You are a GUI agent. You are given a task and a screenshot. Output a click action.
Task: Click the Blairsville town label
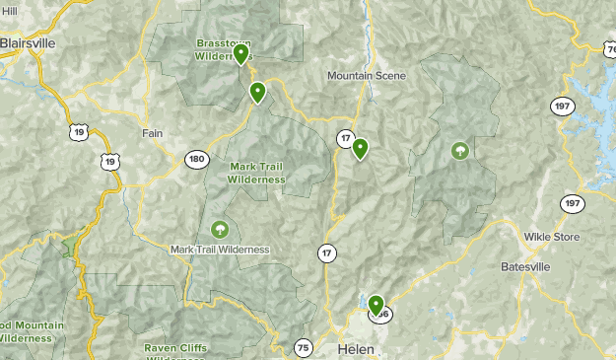[28, 43]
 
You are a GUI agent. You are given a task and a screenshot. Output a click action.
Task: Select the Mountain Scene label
[367, 76]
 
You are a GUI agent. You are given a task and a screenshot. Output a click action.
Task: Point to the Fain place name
[152, 133]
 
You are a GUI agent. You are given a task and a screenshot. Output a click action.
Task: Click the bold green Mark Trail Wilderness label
[255, 173]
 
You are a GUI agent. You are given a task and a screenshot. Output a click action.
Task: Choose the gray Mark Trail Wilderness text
[219, 250]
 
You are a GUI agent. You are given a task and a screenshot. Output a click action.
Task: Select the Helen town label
[356, 349]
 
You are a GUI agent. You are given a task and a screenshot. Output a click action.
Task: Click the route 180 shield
[196, 159]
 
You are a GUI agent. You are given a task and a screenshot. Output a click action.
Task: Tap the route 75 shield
[303, 347]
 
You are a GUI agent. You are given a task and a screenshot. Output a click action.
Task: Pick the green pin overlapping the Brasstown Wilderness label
[240, 53]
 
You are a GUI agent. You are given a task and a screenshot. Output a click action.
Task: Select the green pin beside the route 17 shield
[360, 148]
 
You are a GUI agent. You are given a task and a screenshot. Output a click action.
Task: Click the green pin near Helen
[376, 304]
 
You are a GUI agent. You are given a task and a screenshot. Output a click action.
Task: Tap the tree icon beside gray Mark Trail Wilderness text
[219, 230]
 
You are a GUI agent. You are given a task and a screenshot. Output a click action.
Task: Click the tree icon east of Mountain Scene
[459, 151]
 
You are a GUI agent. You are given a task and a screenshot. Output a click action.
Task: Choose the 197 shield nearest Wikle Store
[572, 203]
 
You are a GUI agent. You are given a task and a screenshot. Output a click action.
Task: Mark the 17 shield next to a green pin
[344, 137]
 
